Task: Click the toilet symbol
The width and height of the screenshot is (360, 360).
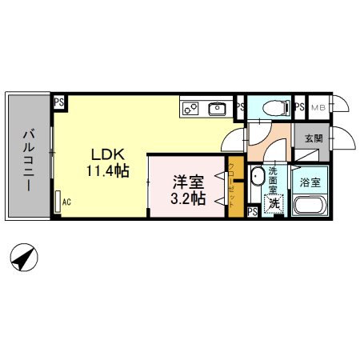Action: point(269,106)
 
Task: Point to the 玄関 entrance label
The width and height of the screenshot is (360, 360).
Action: point(314,138)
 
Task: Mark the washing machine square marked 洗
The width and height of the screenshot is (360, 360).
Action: point(274,204)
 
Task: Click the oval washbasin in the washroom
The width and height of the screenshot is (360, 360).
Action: point(257,177)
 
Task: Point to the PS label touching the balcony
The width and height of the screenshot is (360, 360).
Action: point(58,102)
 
